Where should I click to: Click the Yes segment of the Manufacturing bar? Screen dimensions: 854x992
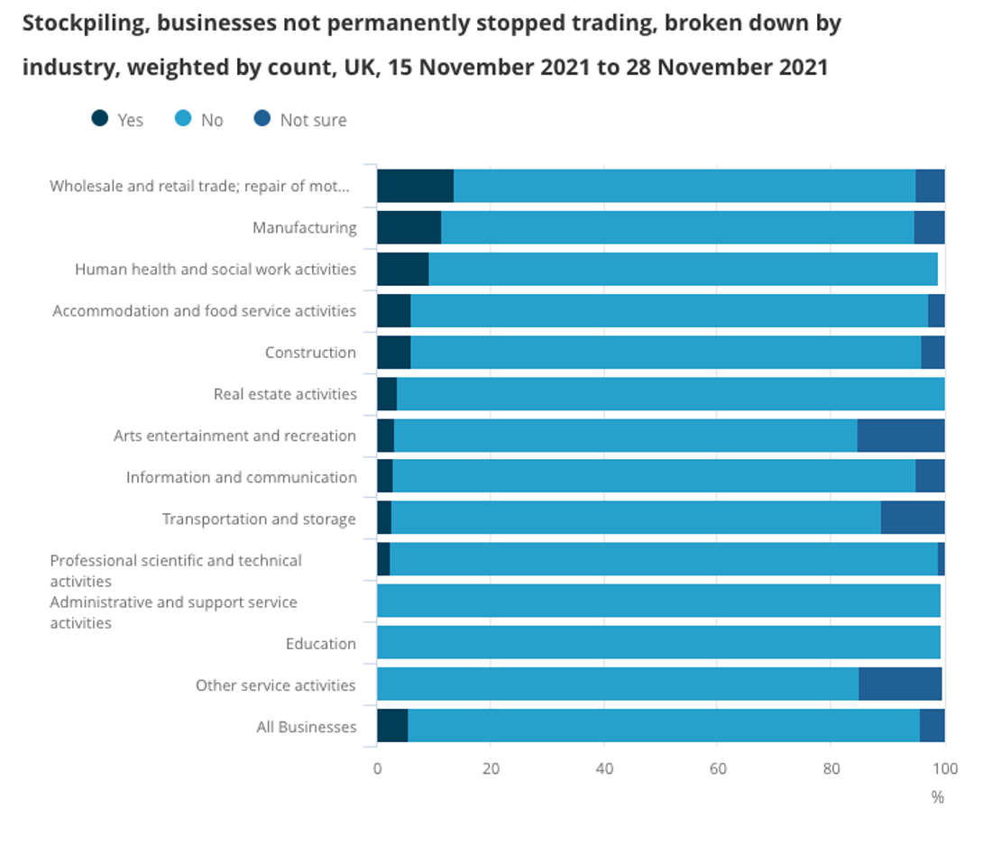pyautogui.click(x=409, y=227)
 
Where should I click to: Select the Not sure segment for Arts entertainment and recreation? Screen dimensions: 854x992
pyautogui.click(x=900, y=436)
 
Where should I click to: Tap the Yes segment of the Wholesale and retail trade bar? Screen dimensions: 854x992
pyautogui.click(x=415, y=186)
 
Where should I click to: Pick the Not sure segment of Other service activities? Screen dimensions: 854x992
pyautogui.click(x=900, y=684)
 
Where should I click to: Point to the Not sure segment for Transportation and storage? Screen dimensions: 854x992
pyautogui.click(x=912, y=519)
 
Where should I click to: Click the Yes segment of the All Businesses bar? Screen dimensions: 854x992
pyautogui.click(x=392, y=726)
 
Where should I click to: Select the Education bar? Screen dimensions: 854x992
pyautogui.click(x=658, y=643)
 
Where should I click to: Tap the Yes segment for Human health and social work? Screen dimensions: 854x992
pyautogui.click(x=402, y=269)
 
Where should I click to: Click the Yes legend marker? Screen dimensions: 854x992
pyautogui.click(x=100, y=119)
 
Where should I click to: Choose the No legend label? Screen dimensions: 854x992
pyautogui.click(x=212, y=120)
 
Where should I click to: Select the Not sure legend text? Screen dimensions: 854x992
pyautogui.click(x=313, y=120)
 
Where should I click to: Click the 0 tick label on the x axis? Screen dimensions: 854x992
pyautogui.click(x=377, y=769)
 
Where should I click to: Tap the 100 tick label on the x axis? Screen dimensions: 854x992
pyautogui.click(x=944, y=769)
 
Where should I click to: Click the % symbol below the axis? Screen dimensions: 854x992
pyautogui.click(x=937, y=797)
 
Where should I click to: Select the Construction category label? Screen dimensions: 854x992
pyautogui.click(x=310, y=353)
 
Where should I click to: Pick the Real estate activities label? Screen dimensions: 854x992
pyautogui.click(x=285, y=394)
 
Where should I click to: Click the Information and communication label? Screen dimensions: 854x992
pyautogui.click(x=241, y=477)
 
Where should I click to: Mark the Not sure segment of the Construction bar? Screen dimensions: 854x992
pyautogui.click(x=932, y=353)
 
